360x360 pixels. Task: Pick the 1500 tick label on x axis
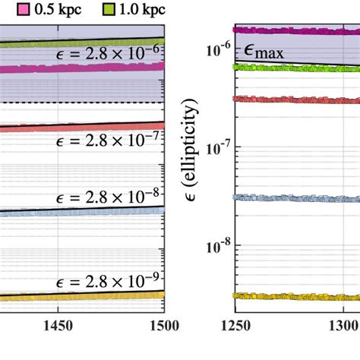pyautogui.click(x=162, y=327)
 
